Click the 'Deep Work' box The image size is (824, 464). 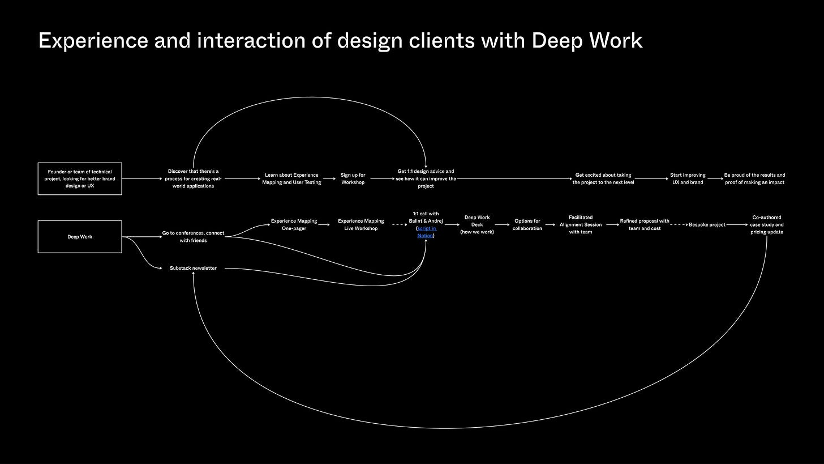[x=80, y=237]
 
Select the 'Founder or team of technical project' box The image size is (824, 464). [x=80, y=178]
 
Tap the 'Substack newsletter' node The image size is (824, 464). [x=193, y=268]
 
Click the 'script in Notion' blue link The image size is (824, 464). [x=426, y=232]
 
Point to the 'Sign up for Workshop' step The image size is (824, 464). [x=353, y=178]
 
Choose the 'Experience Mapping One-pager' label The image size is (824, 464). [x=294, y=224]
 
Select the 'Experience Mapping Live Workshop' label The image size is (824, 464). [x=361, y=224]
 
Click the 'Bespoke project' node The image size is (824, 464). [x=707, y=225]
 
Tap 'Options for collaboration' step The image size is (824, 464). [x=527, y=224]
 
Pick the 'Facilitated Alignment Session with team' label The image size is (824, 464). [x=581, y=224]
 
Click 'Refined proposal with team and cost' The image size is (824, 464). [x=645, y=224]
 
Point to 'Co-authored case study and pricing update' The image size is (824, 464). [x=767, y=224]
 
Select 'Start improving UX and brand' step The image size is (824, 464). [x=688, y=178]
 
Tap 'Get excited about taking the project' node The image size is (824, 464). [x=603, y=178]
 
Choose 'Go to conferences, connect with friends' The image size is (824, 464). [x=193, y=236]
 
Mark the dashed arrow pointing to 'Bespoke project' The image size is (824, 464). [x=679, y=225]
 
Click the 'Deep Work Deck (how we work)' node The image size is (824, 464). [x=477, y=224]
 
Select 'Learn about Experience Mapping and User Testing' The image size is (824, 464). [x=291, y=178]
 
